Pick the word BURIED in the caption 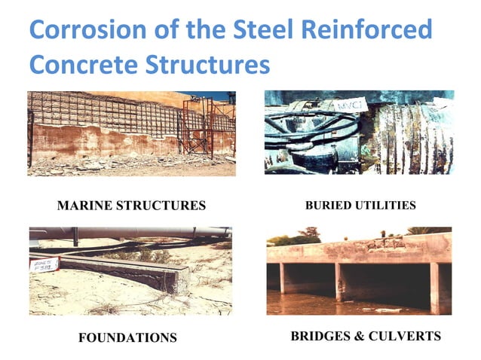pyautogui.click(x=326, y=205)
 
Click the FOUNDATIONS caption pyautogui.click(x=127, y=337)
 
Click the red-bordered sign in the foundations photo pyautogui.click(x=44, y=262)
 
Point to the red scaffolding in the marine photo pyautogui.click(x=198, y=124)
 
